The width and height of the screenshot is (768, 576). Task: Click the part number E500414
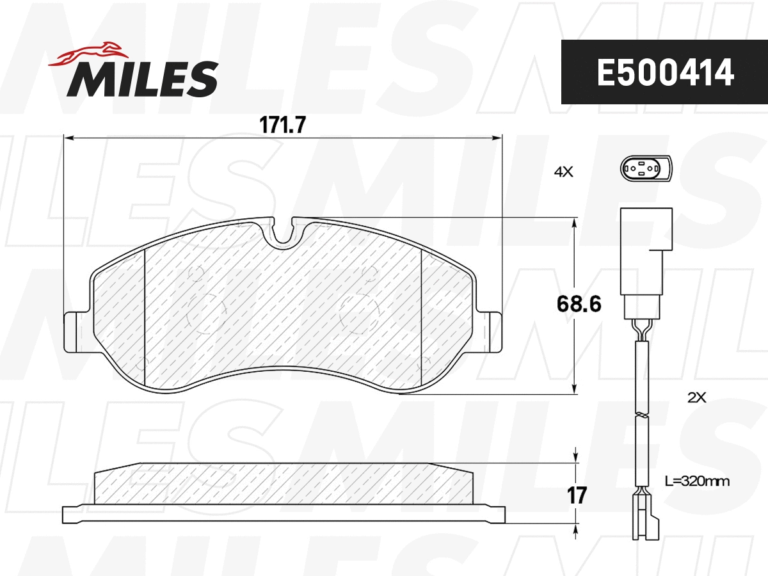pyautogui.click(x=665, y=73)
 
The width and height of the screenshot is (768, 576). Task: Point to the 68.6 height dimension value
pyautogui.click(x=579, y=304)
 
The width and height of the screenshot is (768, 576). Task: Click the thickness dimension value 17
pyautogui.click(x=577, y=495)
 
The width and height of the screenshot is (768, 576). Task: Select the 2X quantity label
pyautogui.click(x=696, y=397)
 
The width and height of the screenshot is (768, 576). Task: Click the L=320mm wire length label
pyautogui.click(x=696, y=480)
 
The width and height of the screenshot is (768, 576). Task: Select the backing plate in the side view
pyautogui.click(x=284, y=513)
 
